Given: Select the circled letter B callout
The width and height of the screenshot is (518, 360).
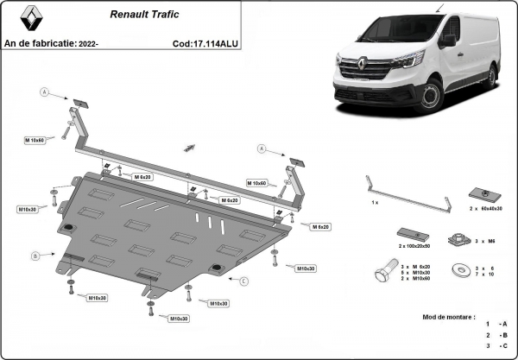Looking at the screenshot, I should pyautogui.click(x=35, y=256).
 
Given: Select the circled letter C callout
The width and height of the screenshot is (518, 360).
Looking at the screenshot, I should pyautogui.click(x=244, y=281).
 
